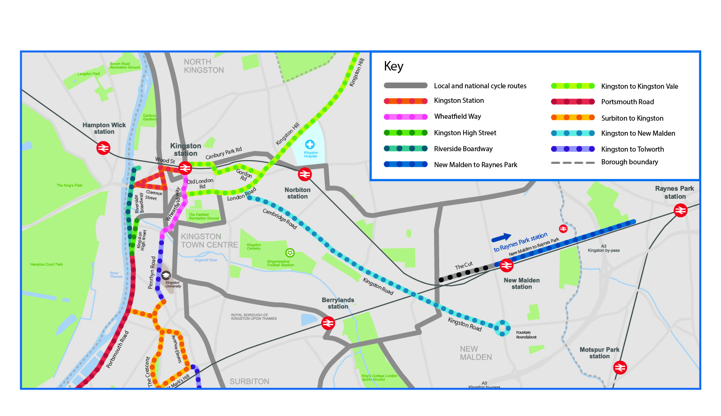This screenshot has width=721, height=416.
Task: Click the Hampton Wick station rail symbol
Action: (103, 148)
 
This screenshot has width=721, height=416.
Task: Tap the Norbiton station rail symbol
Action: (305, 175)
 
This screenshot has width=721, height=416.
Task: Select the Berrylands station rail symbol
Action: (328, 323)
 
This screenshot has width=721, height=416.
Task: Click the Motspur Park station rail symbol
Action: (620, 367)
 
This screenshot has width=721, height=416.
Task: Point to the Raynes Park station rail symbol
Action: (681, 211)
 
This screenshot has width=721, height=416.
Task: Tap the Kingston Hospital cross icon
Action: (310, 145)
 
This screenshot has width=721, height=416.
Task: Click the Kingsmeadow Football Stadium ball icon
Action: (290, 253)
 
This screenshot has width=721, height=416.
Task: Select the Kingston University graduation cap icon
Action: (166, 275)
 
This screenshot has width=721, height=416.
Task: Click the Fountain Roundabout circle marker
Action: (502, 328)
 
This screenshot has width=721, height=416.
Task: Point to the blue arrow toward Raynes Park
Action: (501, 238)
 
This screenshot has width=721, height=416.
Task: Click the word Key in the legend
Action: (394, 66)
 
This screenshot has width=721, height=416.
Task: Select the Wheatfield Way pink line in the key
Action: (405, 116)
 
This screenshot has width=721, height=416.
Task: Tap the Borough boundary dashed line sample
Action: (573, 162)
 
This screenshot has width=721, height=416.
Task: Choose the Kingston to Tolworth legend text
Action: (632, 149)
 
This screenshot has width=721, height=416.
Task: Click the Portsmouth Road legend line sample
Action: (573, 102)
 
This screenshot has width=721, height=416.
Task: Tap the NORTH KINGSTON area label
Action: (204, 66)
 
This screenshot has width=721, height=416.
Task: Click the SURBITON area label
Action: (249, 382)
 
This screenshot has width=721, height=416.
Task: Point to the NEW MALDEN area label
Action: (476, 353)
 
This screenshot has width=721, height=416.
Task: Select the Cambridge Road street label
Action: (280, 219)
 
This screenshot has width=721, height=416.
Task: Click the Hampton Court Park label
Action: (47, 264)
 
